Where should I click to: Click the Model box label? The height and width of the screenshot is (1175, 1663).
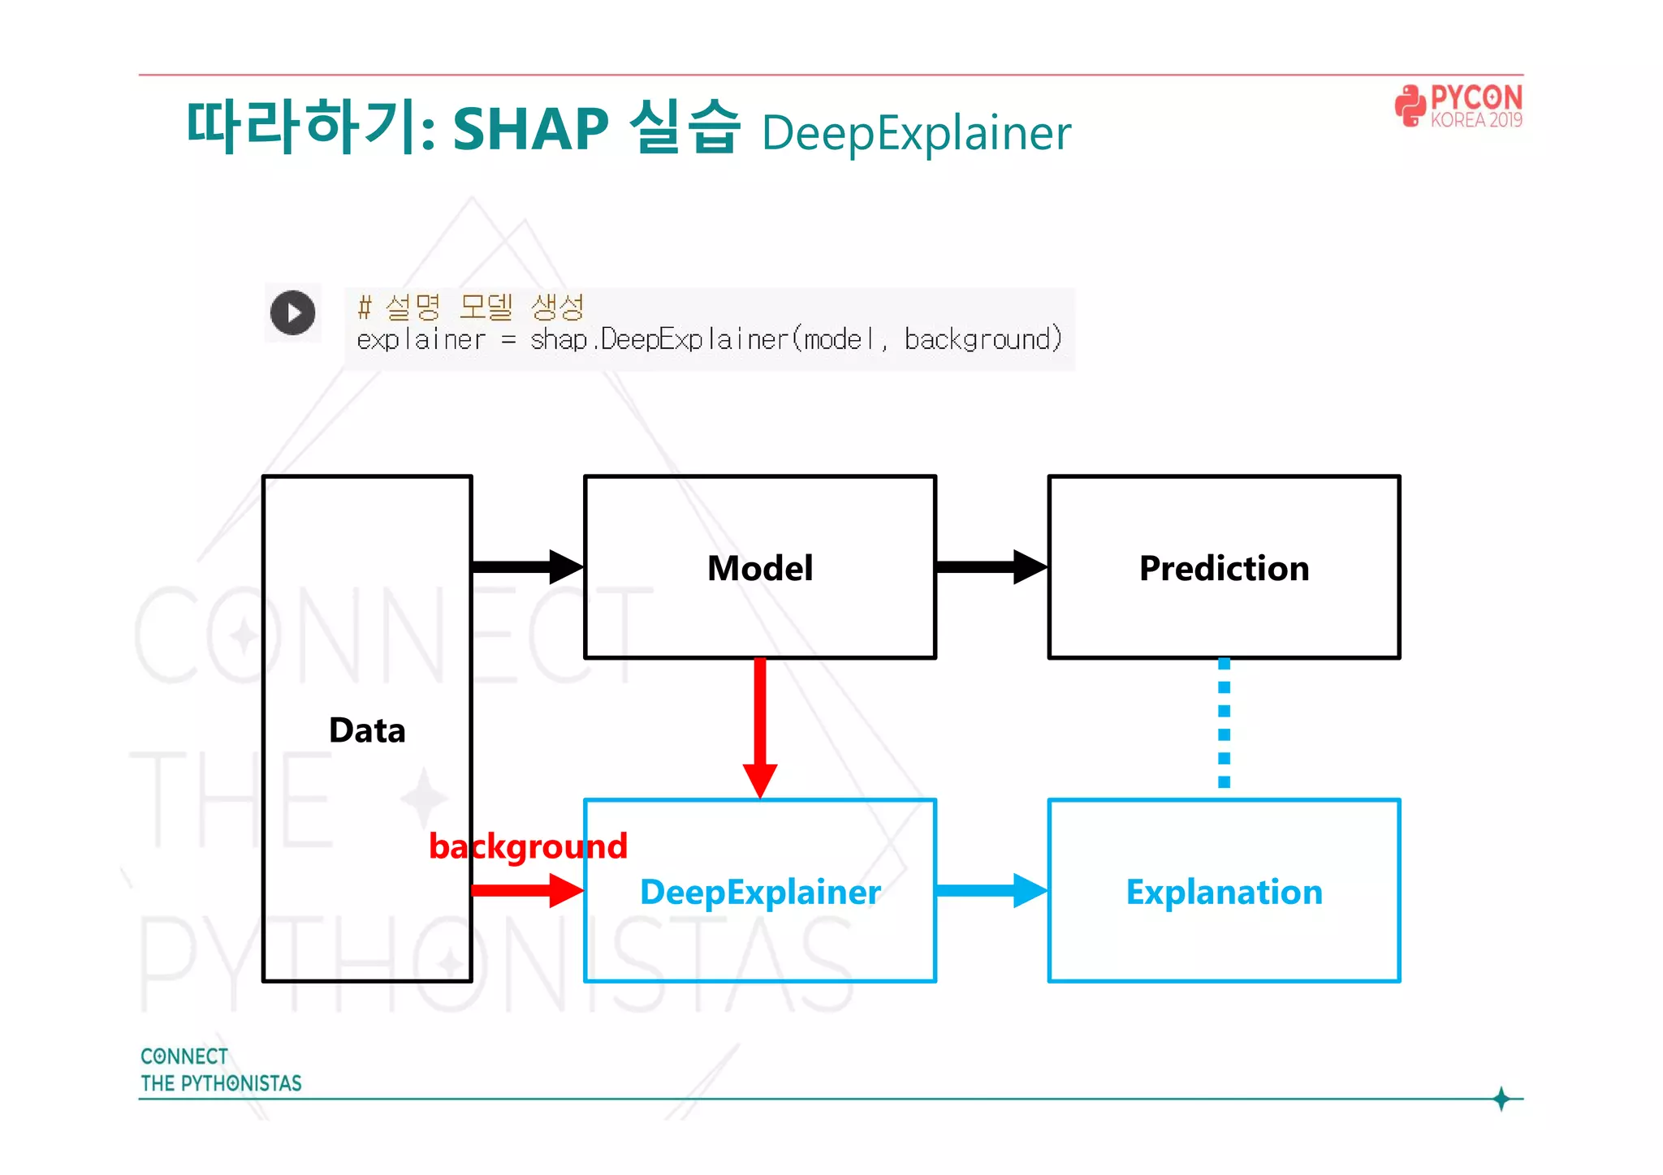pos(759,568)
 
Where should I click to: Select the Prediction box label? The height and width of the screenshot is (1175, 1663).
pos(1224,568)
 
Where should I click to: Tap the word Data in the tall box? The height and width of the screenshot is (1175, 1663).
pos(367,730)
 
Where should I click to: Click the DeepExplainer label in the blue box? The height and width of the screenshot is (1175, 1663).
pos(759,892)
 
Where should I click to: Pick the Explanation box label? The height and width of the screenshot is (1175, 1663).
pos(1224,892)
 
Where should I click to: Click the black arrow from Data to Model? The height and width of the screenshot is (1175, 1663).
pos(526,566)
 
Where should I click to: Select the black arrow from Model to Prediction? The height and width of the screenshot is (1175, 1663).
pos(991,566)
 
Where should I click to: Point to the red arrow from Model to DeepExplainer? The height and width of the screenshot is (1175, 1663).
pos(760,726)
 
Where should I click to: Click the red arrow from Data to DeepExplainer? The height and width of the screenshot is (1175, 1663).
pos(526,890)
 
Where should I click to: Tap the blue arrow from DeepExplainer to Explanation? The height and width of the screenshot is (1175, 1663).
pos(991,890)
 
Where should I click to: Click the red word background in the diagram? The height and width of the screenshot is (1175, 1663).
pos(528,846)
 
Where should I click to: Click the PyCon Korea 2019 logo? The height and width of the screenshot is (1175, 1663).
pos(1458,106)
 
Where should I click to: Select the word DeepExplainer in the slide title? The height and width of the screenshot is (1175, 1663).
pos(916,133)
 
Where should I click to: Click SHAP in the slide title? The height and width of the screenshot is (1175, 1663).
pos(530,129)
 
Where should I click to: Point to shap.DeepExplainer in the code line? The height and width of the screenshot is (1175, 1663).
pos(659,339)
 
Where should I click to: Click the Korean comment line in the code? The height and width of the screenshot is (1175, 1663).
pos(471,307)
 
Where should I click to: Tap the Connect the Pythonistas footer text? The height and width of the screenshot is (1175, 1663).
pos(220,1070)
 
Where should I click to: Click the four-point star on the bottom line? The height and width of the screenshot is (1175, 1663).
pos(1501,1099)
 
